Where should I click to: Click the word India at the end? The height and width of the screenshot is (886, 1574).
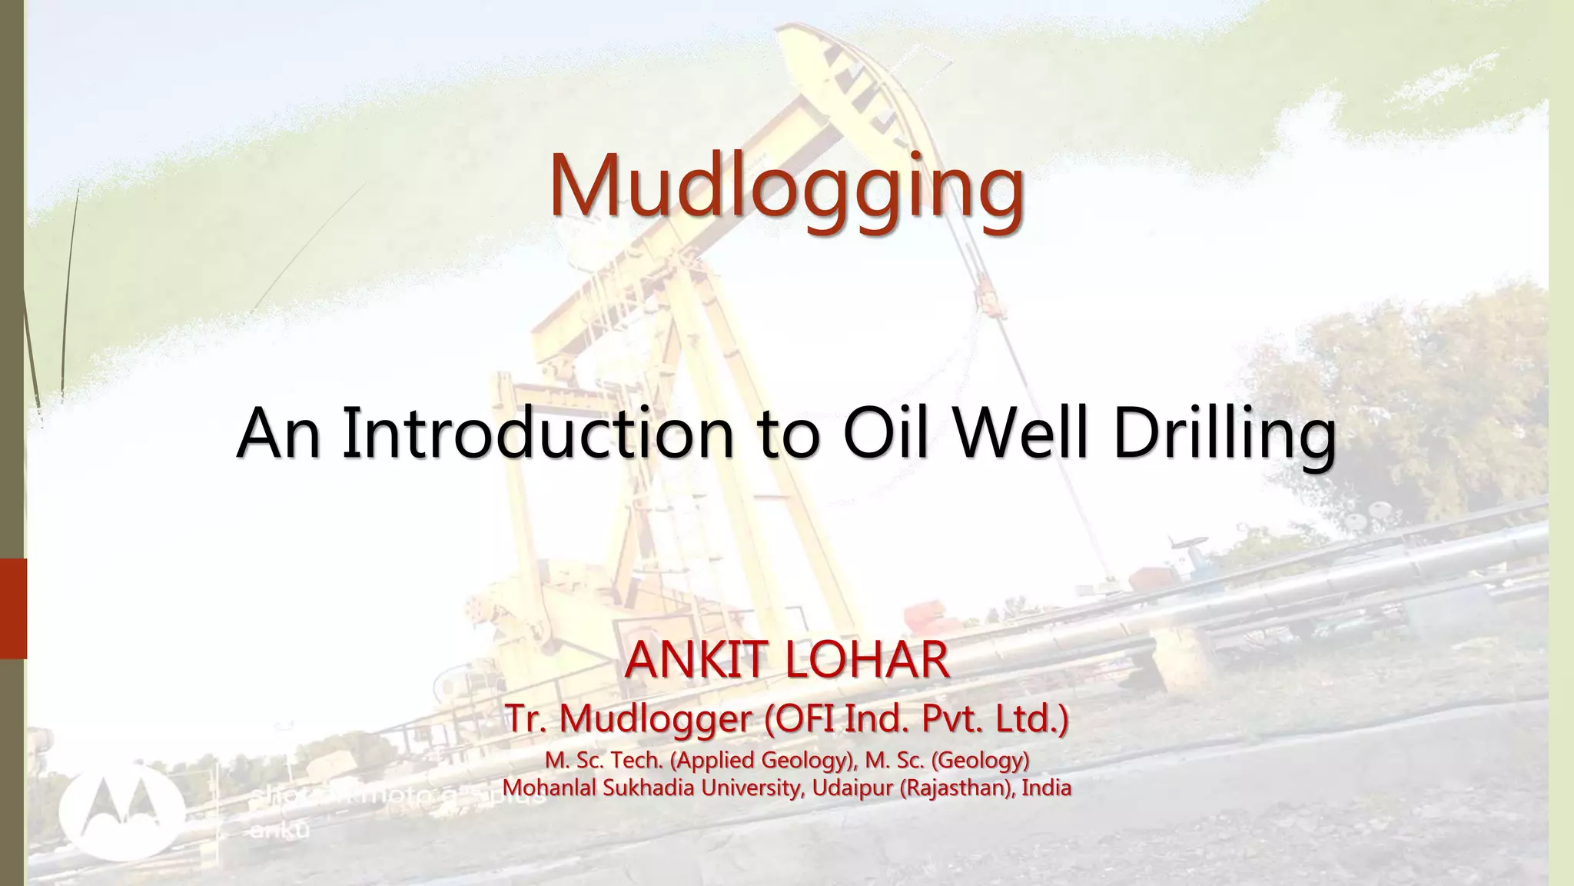click(x=1047, y=788)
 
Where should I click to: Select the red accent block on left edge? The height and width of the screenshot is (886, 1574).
click(x=13, y=608)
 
